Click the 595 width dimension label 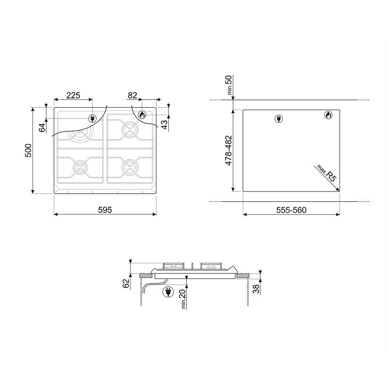tap(105, 210)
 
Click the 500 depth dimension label tap(29, 151)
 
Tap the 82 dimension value tap(132, 96)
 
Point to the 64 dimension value tap(42, 127)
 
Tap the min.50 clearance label tap(229, 86)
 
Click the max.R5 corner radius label tap(326, 174)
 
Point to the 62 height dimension tap(127, 283)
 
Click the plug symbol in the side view tap(168, 292)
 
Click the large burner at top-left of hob tap(78, 136)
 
